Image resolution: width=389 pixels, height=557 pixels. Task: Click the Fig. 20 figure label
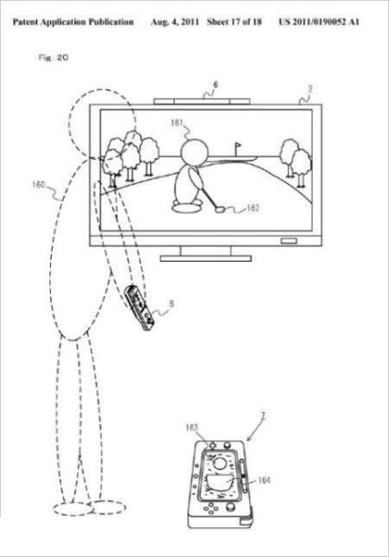pyautogui.click(x=53, y=58)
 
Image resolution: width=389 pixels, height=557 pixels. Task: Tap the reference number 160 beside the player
pyautogui.click(x=39, y=185)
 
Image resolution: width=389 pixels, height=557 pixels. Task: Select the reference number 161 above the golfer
pyautogui.click(x=177, y=123)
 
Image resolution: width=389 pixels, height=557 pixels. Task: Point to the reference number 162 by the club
pyautogui.click(x=253, y=208)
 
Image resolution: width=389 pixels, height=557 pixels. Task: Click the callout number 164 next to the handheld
pyautogui.click(x=264, y=480)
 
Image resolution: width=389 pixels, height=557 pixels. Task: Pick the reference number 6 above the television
pyautogui.click(x=215, y=84)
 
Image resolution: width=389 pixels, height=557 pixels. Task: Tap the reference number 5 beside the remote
pyautogui.click(x=172, y=304)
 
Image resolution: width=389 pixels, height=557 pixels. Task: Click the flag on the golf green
pyautogui.click(x=238, y=146)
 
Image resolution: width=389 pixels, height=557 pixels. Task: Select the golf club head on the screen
pyautogui.click(x=220, y=209)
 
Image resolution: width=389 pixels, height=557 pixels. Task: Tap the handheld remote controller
pyautogui.click(x=139, y=307)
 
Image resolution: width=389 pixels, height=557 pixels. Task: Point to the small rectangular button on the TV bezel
pyautogui.click(x=289, y=240)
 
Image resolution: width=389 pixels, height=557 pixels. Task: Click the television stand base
pyautogui.click(x=206, y=258)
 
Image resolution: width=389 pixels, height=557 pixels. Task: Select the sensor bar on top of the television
pyautogui.click(x=201, y=101)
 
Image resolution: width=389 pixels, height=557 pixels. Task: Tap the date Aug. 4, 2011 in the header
pyautogui.click(x=175, y=22)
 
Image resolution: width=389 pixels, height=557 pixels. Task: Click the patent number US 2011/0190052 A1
pyautogui.click(x=318, y=22)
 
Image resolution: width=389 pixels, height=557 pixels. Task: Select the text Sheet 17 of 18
pyautogui.click(x=234, y=22)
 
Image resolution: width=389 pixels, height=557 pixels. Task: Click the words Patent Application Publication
pyautogui.click(x=73, y=22)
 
